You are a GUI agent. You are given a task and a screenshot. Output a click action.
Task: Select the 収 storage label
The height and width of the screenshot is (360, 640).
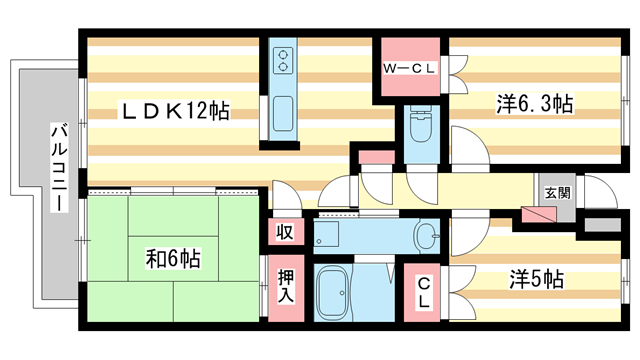pyautogui.click(x=284, y=232)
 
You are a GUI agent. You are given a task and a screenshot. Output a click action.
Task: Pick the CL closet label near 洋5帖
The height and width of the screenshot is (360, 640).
pyautogui.click(x=424, y=293)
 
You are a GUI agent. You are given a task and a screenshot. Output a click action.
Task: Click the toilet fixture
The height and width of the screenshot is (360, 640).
pyautogui.click(x=418, y=129)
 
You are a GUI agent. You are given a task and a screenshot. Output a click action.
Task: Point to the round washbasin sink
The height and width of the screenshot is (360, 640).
pyautogui.click(x=427, y=238)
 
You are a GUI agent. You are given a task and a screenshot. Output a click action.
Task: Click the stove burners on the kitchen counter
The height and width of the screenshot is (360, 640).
pyautogui.click(x=281, y=60)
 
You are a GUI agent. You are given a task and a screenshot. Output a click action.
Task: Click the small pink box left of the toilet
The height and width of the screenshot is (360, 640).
pyautogui.click(x=376, y=158)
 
